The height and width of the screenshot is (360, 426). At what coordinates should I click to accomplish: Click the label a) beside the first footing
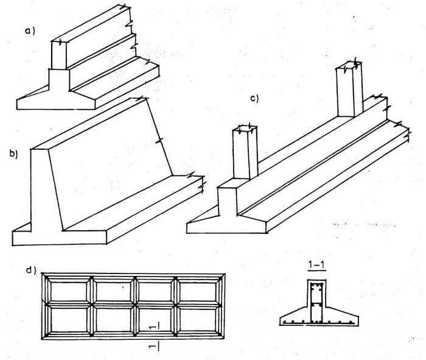click(x=30, y=31)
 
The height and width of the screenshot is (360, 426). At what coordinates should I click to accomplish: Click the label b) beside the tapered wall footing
click(x=13, y=154)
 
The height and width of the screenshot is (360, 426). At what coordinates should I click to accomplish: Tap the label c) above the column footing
click(x=254, y=99)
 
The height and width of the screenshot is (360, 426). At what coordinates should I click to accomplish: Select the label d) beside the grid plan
click(x=31, y=270)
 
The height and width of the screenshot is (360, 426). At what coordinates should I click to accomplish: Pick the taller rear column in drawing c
click(x=349, y=90)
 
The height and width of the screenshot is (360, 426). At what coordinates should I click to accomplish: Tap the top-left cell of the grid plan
click(x=69, y=292)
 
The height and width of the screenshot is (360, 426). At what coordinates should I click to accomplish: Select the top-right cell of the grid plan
click(x=198, y=292)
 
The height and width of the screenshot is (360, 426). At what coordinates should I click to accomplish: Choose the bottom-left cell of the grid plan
click(x=69, y=320)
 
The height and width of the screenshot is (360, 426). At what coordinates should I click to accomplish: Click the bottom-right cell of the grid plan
click(x=198, y=320)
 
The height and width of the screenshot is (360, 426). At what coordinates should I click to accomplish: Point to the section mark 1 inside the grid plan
click(x=155, y=326)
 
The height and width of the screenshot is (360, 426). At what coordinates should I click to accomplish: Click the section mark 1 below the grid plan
click(x=154, y=347)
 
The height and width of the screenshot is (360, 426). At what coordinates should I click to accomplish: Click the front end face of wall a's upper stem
click(x=58, y=55)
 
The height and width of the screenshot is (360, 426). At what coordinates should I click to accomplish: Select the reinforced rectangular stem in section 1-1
click(x=316, y=302)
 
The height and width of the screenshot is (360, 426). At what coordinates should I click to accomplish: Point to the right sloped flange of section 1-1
click(x=342, y=316)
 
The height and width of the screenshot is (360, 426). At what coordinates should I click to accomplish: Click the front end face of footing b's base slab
click(x=59, y=238)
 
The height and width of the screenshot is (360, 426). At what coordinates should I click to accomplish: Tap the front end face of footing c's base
click(x=226, y=227)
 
